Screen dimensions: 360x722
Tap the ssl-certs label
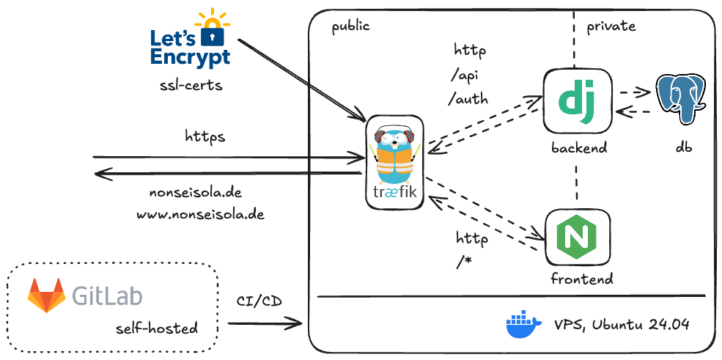191,86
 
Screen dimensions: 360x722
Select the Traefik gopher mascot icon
395,155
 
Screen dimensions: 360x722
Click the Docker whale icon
523,325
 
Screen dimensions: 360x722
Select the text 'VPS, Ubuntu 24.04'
622,326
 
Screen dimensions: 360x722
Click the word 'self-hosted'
157,328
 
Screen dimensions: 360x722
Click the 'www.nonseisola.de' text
200,216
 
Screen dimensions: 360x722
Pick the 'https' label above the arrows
205,136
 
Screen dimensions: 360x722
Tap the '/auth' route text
468,98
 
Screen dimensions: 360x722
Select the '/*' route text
463,262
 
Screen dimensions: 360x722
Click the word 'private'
611,26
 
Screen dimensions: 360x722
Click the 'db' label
684,147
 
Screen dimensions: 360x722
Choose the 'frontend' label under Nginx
581,279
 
